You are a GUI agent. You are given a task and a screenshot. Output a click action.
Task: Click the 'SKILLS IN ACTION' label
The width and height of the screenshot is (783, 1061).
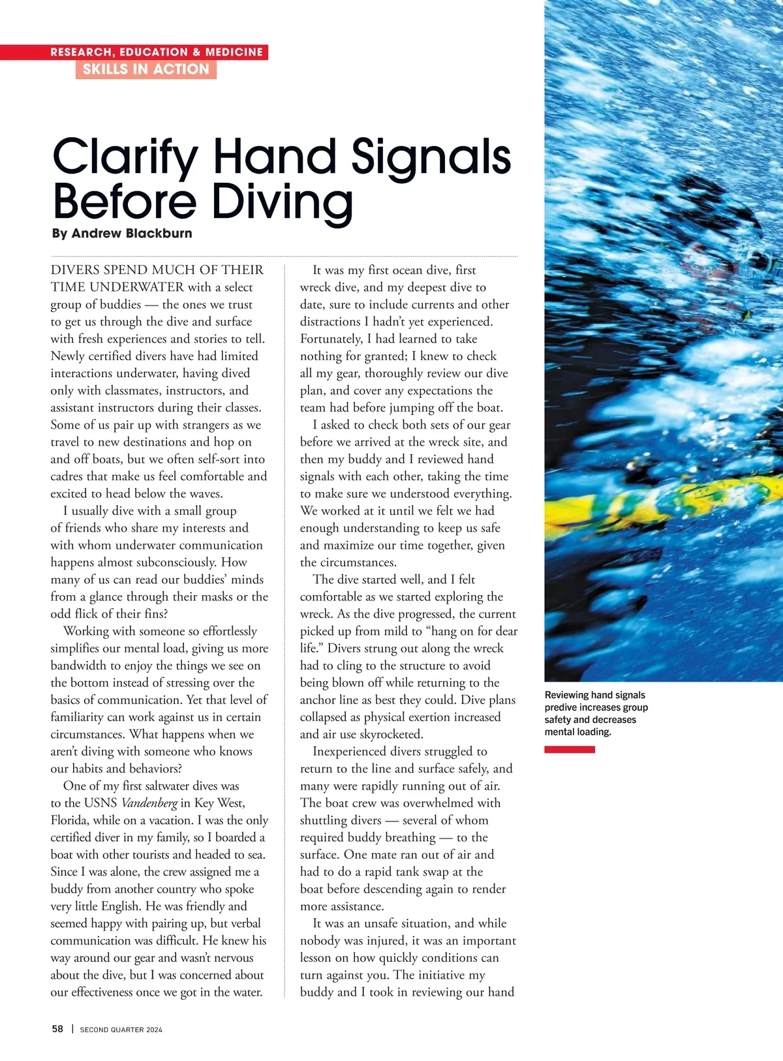(146, 69)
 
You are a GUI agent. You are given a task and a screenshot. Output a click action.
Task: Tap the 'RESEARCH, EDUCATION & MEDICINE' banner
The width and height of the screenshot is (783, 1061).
(157, 52)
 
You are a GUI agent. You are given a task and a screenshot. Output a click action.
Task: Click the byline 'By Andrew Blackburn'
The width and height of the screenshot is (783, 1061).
(122, 233)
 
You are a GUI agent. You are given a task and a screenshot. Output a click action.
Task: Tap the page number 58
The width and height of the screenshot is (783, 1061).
(57, 1029)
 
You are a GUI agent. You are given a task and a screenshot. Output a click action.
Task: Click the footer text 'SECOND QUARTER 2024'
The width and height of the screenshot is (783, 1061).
(121, 1030)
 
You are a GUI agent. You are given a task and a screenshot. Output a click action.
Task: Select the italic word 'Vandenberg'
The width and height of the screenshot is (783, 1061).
(149, 803)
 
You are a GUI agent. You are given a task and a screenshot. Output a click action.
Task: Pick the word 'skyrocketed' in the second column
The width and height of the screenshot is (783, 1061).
(388, 734)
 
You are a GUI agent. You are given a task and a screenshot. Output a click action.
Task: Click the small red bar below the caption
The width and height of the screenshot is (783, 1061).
(570, 750)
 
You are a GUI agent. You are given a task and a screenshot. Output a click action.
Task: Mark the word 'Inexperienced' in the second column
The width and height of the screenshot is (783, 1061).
(354, 752)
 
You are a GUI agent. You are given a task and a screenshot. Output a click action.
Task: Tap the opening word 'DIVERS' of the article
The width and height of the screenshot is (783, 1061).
(75, 270)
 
